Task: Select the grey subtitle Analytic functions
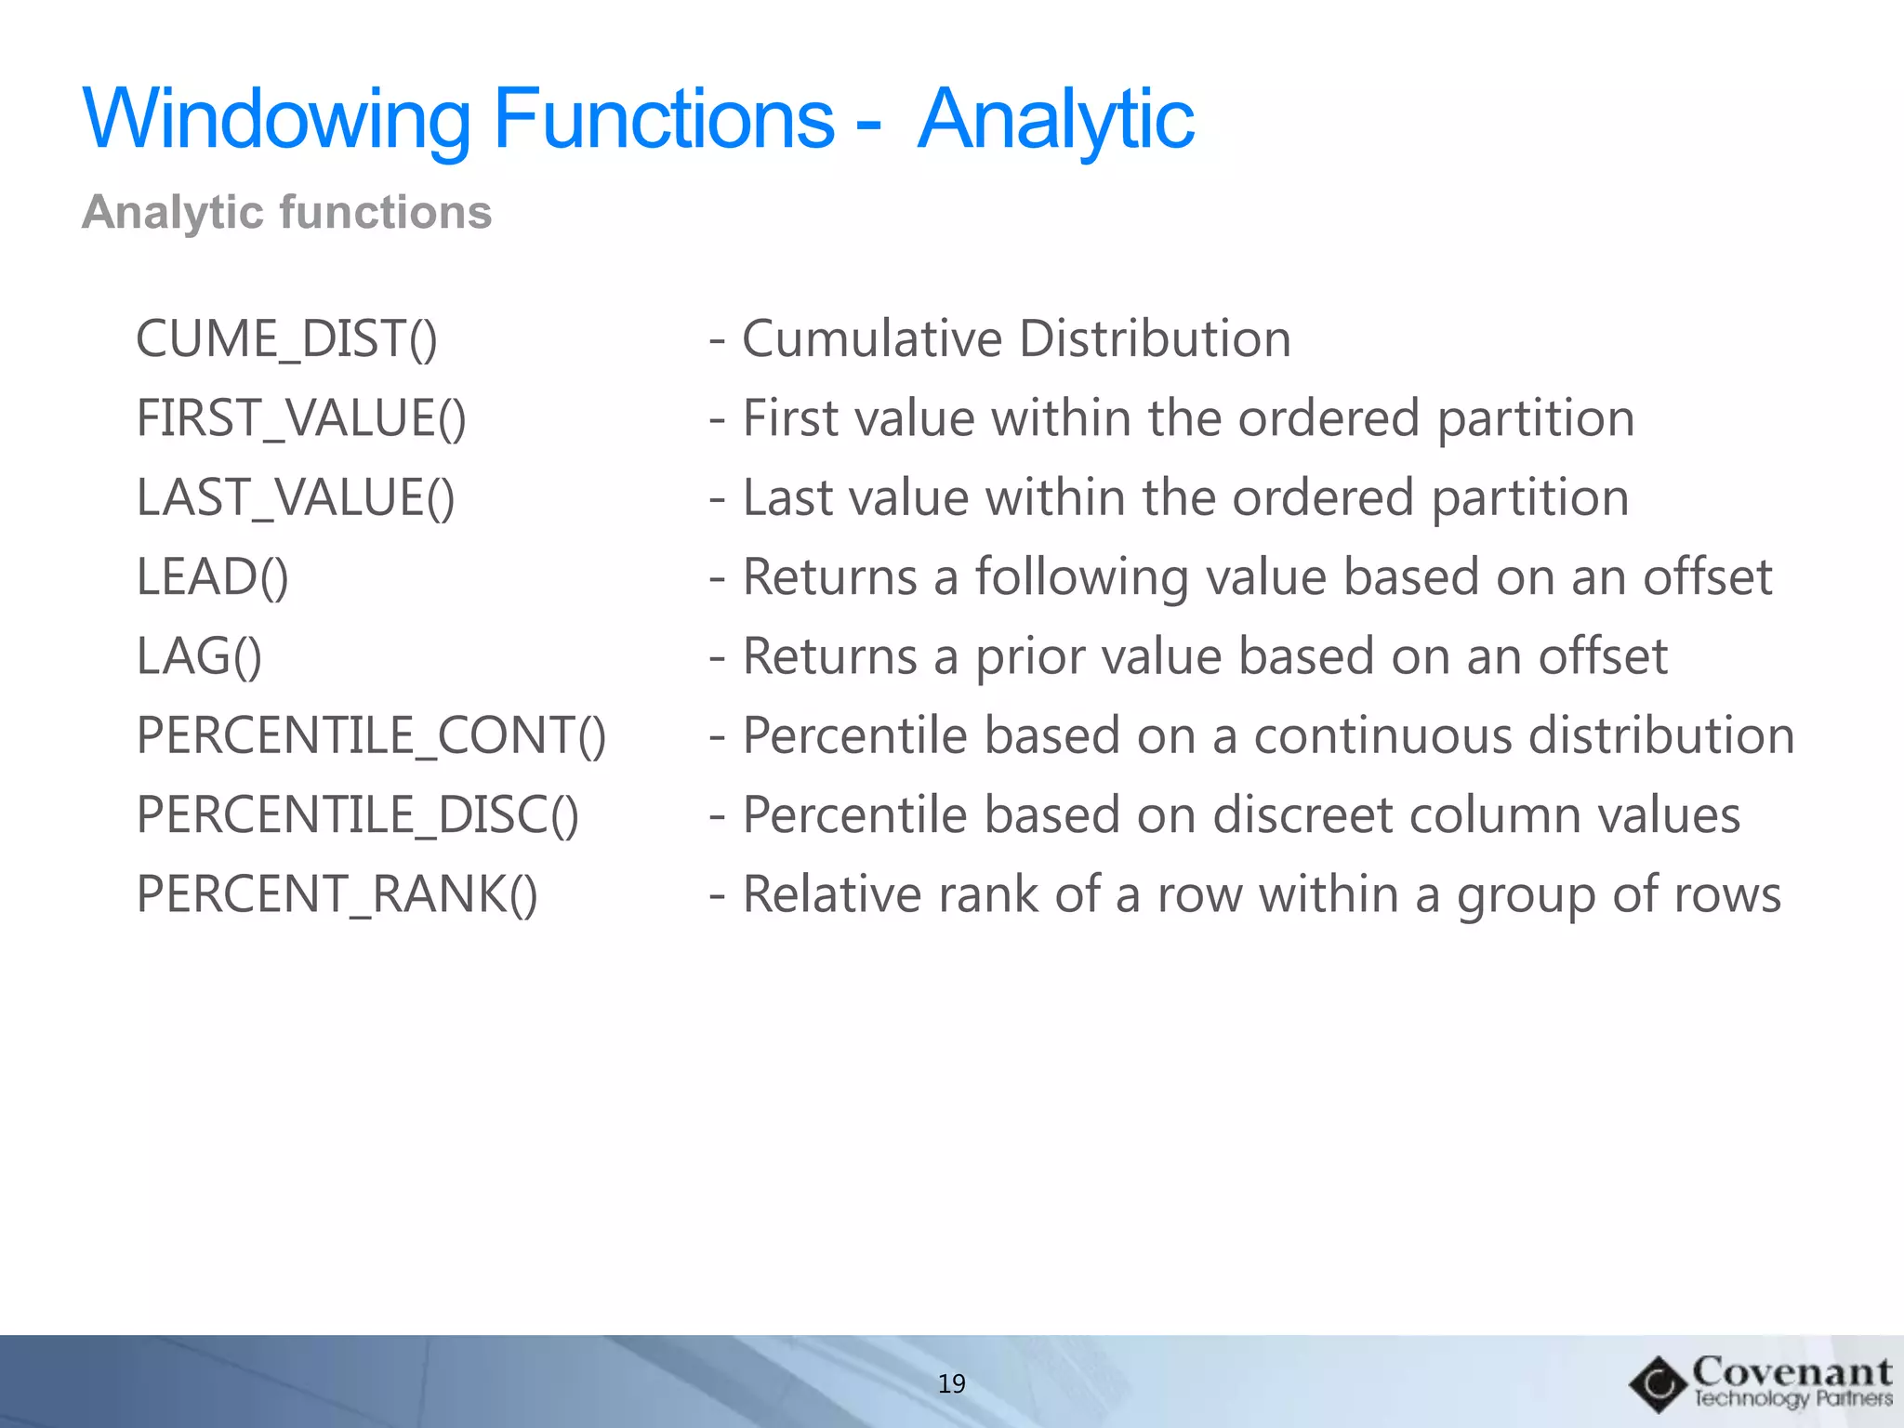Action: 286,212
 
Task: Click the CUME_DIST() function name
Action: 286,338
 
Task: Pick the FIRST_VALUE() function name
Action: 301,417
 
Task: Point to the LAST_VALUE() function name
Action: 296,497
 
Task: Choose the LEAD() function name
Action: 213,576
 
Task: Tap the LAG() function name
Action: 199,656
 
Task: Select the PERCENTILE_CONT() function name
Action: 371,735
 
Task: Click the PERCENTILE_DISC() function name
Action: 358,815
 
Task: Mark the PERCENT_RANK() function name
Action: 337,894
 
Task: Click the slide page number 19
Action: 952,1383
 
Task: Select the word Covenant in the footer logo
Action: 1792,1371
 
